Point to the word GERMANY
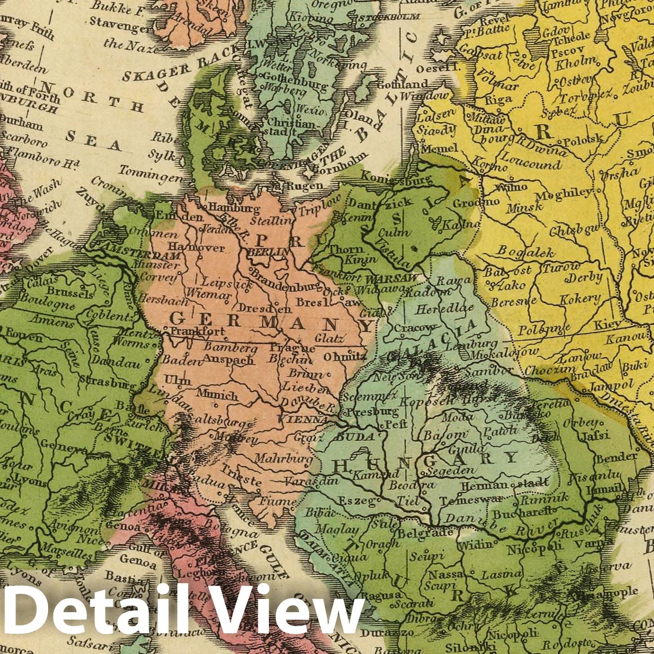[271, 321]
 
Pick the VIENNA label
[304, 419]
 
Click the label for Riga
[499, 99]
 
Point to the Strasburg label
[108, 383]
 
